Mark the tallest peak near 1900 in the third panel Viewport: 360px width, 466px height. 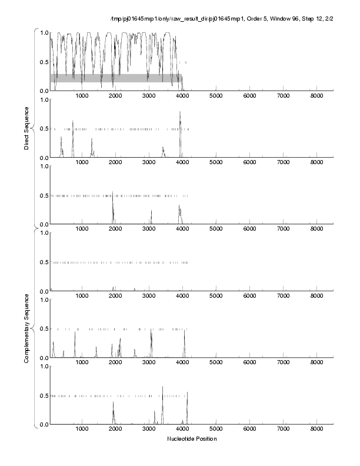pyautogui.click(x=112, y=193)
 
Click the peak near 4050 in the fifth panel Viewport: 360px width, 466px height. pyautogui.click(x=185, y=331)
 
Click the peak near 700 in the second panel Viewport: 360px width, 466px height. pyautogui.click(x=73, y=121)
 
